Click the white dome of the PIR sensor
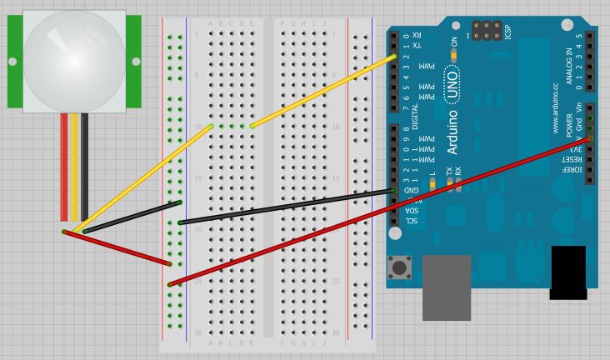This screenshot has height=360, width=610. (74, 61)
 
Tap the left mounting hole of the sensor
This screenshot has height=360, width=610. (12, 61)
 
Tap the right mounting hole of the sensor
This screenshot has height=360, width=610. (136, 61)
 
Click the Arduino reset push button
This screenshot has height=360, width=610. (400, 267)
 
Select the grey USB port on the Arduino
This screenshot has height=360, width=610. (447, 287)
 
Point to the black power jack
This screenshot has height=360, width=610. (568, 272)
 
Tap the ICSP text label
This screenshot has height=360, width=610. (508, 32)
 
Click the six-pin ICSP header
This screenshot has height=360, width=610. (487, 31)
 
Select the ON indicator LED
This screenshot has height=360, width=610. (454, 55)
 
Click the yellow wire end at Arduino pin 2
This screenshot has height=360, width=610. (393, 57)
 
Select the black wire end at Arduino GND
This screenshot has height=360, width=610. (393, 191)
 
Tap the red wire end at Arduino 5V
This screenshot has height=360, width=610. (589, 139)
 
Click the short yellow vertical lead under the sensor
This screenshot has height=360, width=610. (74, 167)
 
